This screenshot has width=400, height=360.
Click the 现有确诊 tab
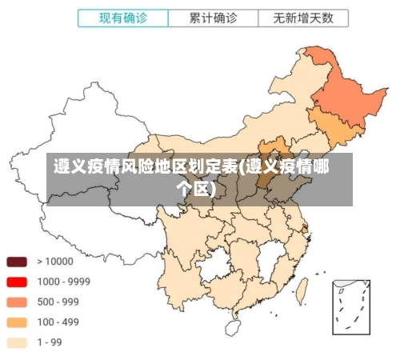coord(123,18)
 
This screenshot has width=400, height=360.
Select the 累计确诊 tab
coord(213,18)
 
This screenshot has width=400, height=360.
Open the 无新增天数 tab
coord(303,18)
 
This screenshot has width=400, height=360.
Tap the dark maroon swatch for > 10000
coord(18,261)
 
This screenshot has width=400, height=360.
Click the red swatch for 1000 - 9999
coord(18,282)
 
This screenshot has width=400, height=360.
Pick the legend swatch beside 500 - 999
coord(18,302)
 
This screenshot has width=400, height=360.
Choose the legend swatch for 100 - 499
coord(18,322)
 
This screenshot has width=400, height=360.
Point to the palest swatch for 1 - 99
coord(18,342)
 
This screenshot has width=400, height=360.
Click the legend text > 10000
coord(54,261)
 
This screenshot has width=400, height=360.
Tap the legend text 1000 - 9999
coord(63,282)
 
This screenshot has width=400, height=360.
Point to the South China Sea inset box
coord(351,306)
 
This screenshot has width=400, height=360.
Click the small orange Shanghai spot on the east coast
coord(305,229)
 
